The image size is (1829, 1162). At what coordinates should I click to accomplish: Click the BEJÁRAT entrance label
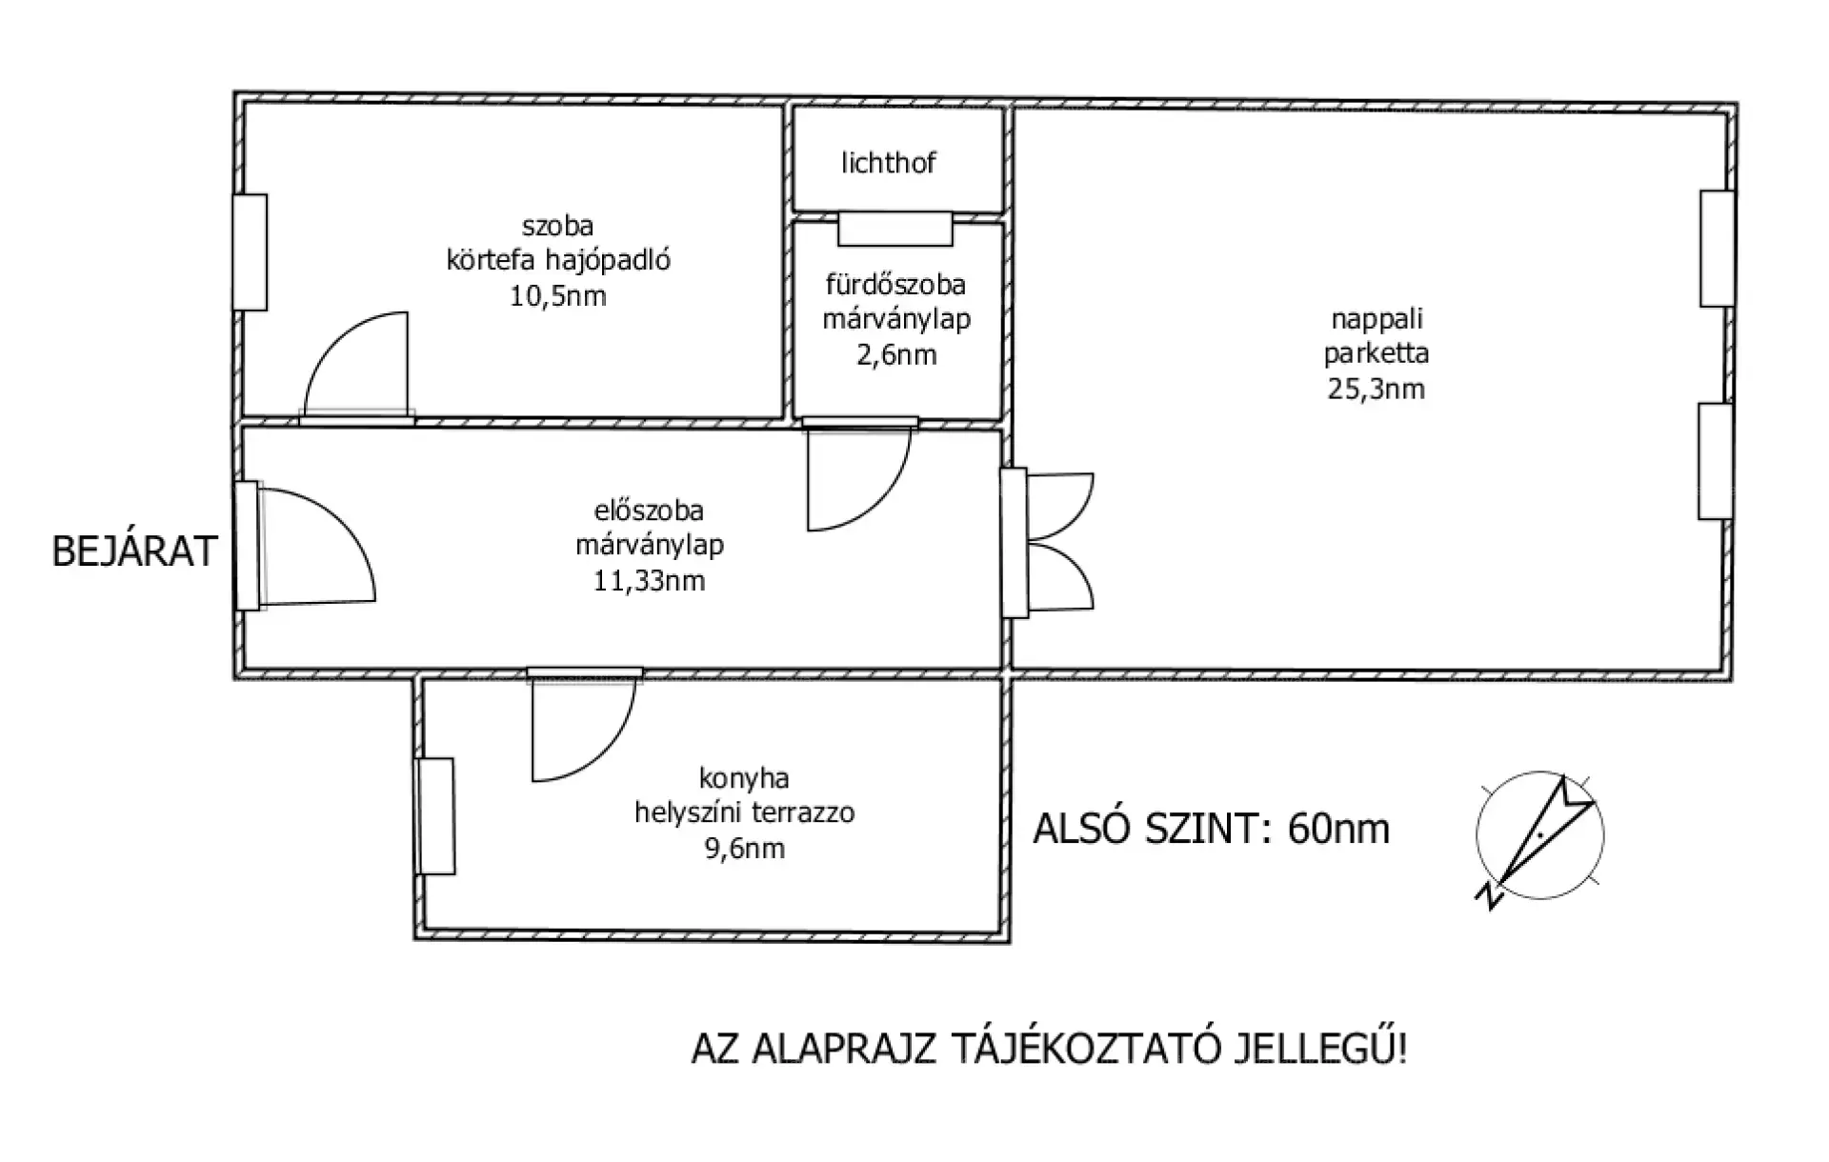[x=134, y=551]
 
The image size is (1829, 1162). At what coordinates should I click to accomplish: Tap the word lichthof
[x=888, y=163]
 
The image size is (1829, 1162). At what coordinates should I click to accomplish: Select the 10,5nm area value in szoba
[x=558, y=296]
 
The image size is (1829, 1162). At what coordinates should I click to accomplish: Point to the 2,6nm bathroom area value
[x=896, y=355]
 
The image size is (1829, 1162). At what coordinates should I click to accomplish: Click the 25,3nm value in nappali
[x=1377, y=389]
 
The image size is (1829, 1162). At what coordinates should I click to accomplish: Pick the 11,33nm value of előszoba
[x=650, y=581]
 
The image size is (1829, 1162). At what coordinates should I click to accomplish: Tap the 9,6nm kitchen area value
[x=745, y=849]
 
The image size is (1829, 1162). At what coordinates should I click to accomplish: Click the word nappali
[x=1377, y=319]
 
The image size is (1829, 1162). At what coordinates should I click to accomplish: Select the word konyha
[x=744, y=778]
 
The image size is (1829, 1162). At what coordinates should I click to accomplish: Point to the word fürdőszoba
[x=895, y=284]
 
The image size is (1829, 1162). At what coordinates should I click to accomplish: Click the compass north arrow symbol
[x=1539, y=836]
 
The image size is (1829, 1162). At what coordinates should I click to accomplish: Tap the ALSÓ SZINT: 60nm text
[x=1212, y=830]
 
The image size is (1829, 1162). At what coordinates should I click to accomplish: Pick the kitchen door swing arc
[x=610, y=752]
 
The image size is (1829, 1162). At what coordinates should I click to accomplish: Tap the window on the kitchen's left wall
[x=435, y=816]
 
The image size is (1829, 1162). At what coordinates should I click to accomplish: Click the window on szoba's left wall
[x=251, y=252]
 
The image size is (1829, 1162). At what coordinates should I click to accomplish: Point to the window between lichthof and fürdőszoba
[x=895, y=229]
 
